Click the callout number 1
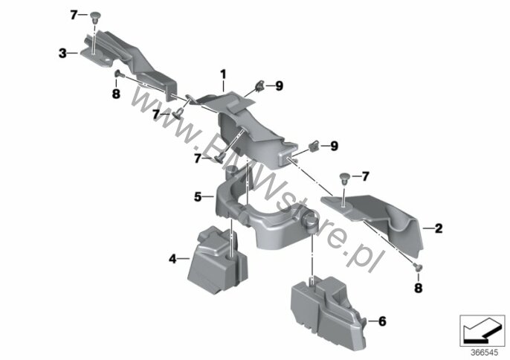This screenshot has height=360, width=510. coord(223,74)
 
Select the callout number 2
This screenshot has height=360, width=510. coord(439,228)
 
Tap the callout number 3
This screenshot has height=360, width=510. coord(62,53)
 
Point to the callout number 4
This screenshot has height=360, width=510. coord(172,259)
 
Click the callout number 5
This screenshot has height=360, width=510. coord(198,197)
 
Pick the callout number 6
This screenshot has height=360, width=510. coord(382,321)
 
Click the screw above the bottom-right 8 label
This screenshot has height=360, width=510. coord(418,267)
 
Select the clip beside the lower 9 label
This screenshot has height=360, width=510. coord(314,146)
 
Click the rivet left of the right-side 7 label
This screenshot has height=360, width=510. coord(343,179)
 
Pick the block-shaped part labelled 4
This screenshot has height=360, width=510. coord(218,260)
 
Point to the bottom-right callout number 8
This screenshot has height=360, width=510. coord(419,288)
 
